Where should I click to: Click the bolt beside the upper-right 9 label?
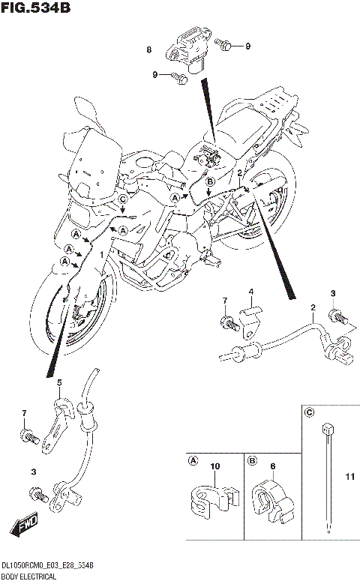pyautogui.click(x=226, y=46)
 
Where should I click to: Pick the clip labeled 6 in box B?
pyautogui.click(x=272, y=499)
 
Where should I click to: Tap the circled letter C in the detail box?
pyautogui.click(x=308, y=412)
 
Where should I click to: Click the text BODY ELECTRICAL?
pyautogui.click(x=29, y=576)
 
